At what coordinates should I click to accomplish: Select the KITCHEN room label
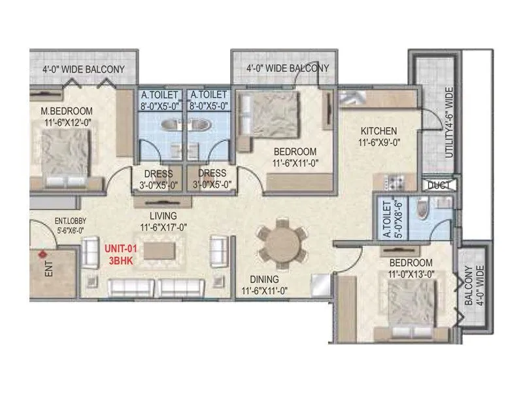pos(378,130)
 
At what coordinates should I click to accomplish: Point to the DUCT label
pos(438,185)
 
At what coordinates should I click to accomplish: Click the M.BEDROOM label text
pos(64,111)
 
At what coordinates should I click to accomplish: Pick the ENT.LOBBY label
pos(53,222)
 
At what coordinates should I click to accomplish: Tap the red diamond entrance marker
pos(43,253)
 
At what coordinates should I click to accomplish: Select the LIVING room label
pos(158,216)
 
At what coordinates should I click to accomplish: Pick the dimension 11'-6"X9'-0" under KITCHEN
pos(378,141)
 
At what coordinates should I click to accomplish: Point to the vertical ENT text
pos(50,271)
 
